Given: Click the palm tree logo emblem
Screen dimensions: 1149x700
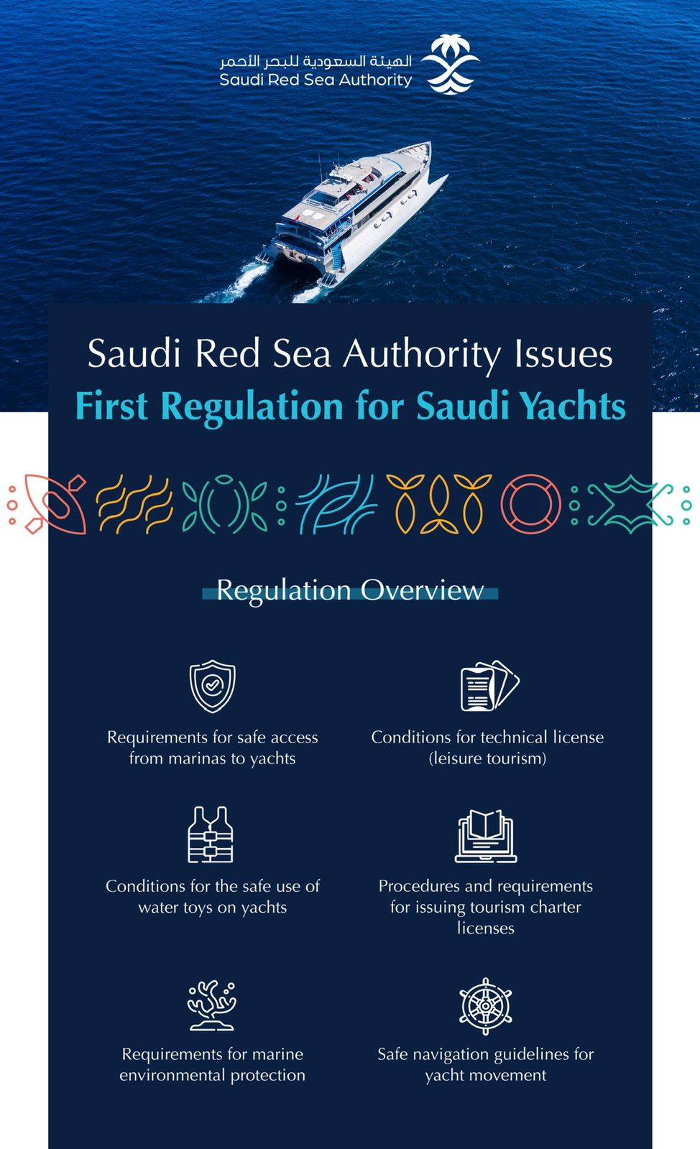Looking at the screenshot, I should tap(448, 67).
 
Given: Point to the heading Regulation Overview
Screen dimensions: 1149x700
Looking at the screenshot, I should tap(350, 590).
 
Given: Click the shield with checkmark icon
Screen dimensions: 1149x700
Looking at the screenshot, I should tap(212, 687).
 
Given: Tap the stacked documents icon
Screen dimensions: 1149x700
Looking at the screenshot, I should tap(489, 687).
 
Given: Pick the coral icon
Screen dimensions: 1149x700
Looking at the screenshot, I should tap(212, 1005).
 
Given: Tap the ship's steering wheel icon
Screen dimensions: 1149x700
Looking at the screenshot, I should tap(486, 1005).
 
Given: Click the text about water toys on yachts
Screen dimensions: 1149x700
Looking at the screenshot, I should tap(212, 896).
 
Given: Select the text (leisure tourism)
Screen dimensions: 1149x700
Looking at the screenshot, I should tap(487, 758).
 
